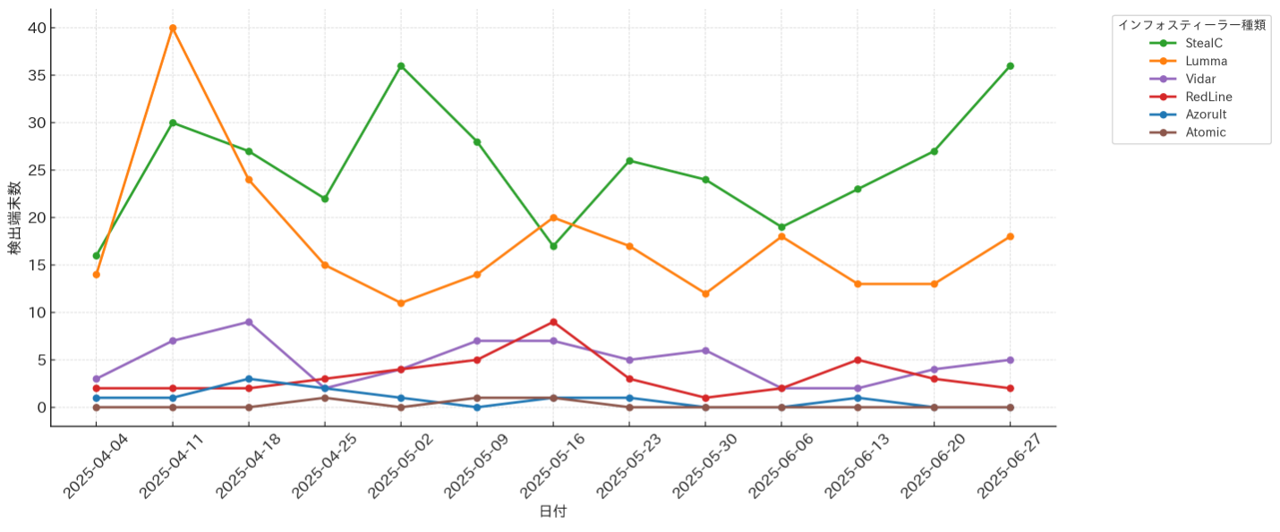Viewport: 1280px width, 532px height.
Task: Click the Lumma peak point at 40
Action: coord(173,28)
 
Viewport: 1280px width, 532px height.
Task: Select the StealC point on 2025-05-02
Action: coord(401,66)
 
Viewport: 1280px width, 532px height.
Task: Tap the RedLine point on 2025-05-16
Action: coord(553,322)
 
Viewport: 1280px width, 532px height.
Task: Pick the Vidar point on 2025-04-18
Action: coord(249,322)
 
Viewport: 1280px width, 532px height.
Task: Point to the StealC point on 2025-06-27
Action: coord(1010,66)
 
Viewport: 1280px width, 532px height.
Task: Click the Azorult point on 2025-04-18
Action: coord(249,379)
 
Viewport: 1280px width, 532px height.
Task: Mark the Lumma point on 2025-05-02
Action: coord(401,303)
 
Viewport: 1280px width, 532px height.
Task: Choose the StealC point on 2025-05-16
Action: coord(553,246)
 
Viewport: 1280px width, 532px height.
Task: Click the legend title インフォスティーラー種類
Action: coord(1191,25)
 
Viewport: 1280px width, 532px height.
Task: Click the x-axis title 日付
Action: coord(552,511)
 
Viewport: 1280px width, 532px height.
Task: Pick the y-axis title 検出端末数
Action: coord(15,217)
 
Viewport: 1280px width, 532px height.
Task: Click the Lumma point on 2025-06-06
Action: coord(781,237)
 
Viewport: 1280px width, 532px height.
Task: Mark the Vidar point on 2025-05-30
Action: coord(705,350)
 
